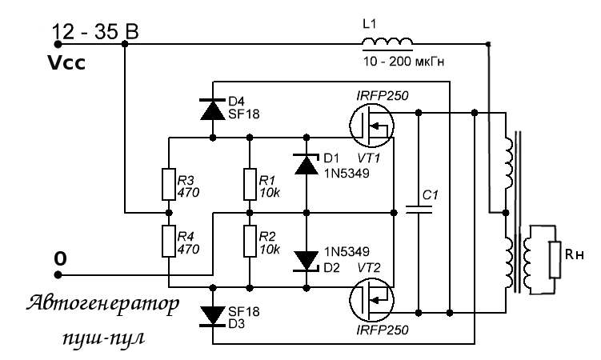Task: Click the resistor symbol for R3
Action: [169, 184]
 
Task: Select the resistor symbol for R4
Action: [169, 242]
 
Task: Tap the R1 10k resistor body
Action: [250, 184]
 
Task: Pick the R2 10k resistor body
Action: [250, 242]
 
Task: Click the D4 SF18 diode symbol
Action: [213, 109]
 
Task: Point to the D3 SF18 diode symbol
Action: [213, 316]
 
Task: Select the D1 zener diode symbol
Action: [306, 164]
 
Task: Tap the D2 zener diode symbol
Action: [306, 261]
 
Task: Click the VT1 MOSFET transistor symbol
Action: [372, 125]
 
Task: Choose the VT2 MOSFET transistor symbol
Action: [372, 299]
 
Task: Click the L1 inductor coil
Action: [387, 42]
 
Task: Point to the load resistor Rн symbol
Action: [555, 260]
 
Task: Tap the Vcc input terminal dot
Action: [58, 45]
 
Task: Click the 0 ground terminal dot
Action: [58, 274]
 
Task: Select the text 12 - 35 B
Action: [95, 32]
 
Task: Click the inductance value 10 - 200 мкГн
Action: [404, 62]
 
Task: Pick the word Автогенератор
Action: [102, 306]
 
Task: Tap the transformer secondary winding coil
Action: [527, 260]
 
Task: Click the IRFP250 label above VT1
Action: [383, 95]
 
